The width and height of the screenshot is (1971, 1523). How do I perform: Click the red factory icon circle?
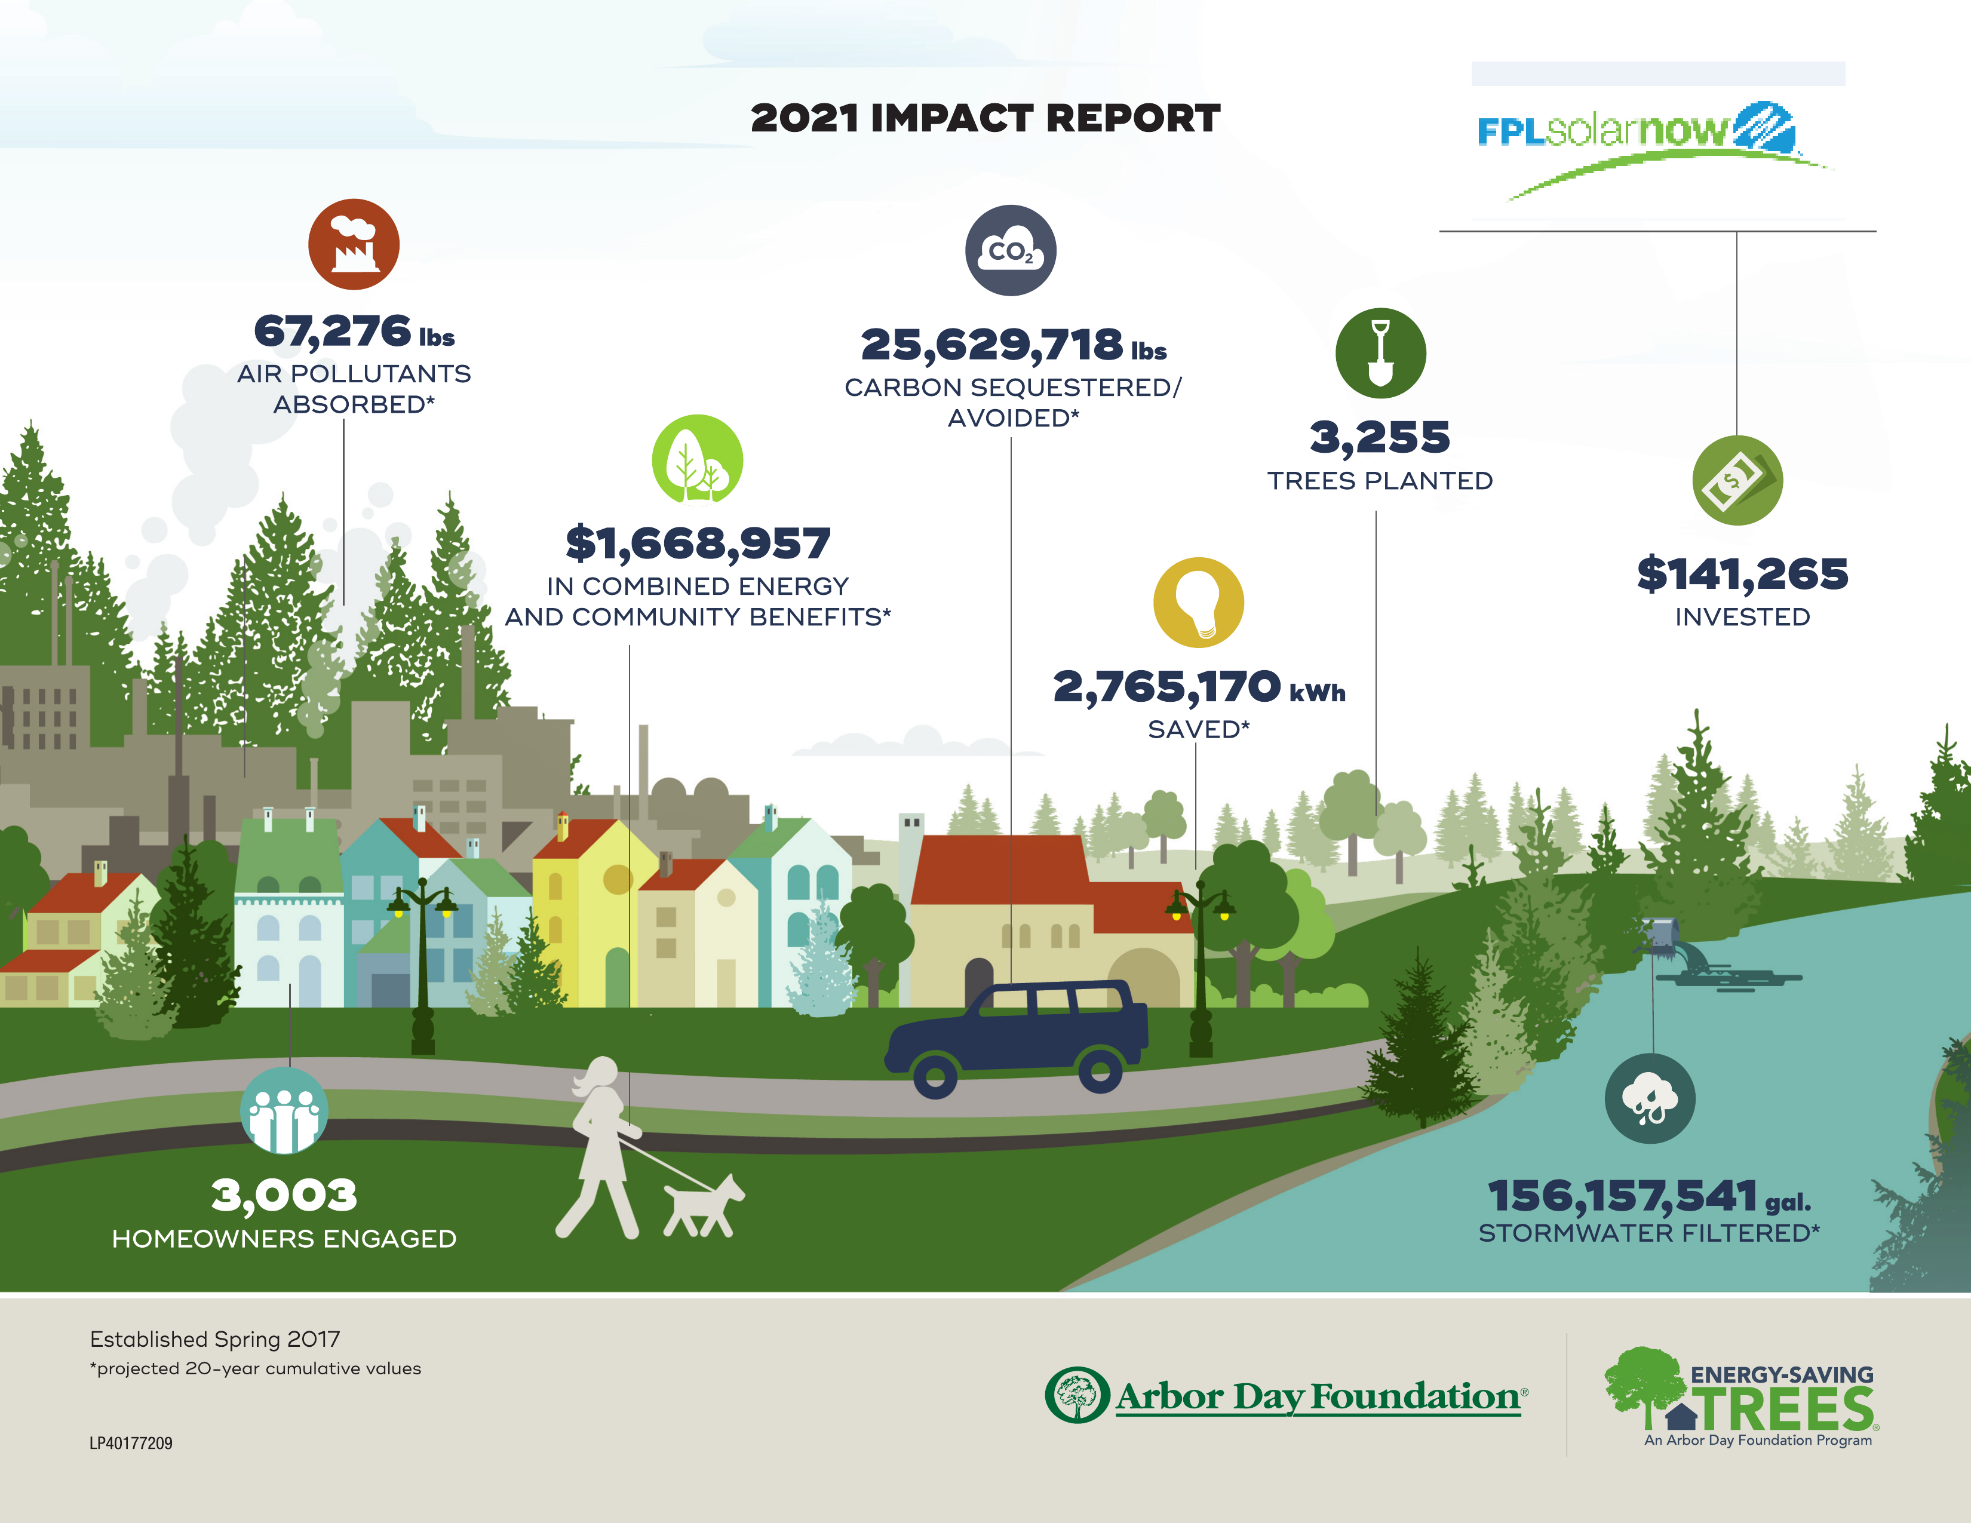pos(354,244)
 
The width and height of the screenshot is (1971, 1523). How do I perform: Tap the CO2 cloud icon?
pos(1011,251)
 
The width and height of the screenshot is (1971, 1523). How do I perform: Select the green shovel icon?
pos(1380,353)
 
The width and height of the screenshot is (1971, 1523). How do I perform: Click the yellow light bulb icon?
pos(1199,602)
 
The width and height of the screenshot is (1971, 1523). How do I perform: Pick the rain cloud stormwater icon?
pos(1650,1098)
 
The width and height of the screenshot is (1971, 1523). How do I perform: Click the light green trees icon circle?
pos(696,459)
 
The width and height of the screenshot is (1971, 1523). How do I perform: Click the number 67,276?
pos(332,331)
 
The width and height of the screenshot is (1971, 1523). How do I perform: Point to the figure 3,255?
pos(1380,438)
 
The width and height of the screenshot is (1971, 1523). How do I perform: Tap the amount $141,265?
pos(1742,575)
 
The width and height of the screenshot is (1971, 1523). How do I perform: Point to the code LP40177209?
pos(131,1443)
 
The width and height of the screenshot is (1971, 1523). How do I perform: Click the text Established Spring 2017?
pos(215,1339)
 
